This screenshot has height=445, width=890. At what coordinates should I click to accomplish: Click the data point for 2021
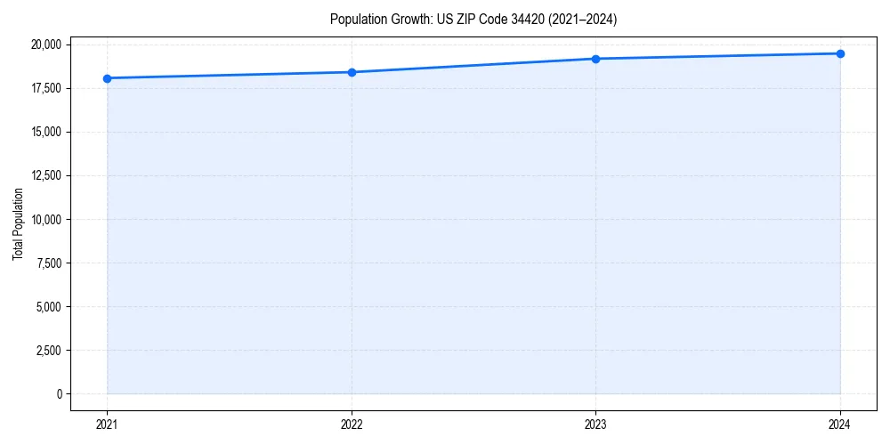click(x=107, y=78)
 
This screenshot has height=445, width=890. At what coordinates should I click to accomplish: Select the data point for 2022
click(x=352, y=72)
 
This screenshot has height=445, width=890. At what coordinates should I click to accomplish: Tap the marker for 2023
click(x=595, y=59)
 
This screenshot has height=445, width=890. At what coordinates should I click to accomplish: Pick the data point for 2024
click(x=840, y=53)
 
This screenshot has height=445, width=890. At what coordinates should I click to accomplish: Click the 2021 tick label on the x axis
click(x=107, y=424)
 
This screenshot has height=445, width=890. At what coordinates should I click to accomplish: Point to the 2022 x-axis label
click(x=352, y=424)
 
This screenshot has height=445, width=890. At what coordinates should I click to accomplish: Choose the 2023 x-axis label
click(x=595, y=424)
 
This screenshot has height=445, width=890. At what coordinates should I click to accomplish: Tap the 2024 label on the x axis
click(x=840, y=424)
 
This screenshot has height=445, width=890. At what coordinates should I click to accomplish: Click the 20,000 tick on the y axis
click(x=45, y=44)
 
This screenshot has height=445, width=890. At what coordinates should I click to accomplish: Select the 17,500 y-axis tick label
click(x=45, y=88)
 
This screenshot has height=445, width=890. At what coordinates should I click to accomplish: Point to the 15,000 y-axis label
click(x=45, y=132)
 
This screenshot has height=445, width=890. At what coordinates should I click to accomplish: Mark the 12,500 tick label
click(x=45, y=175)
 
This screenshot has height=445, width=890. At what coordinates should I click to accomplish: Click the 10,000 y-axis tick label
click(x=45, y=219)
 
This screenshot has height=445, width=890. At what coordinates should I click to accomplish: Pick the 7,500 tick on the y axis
click(x=48, y=263)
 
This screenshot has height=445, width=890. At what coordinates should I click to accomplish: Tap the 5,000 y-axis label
click(x=48, y=306)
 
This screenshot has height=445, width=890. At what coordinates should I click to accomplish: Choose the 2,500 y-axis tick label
click(x=48, y=350)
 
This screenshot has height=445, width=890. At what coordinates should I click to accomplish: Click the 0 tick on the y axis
click(x=59, y=393)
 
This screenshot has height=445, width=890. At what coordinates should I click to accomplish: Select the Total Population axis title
click(x=18, y=223)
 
